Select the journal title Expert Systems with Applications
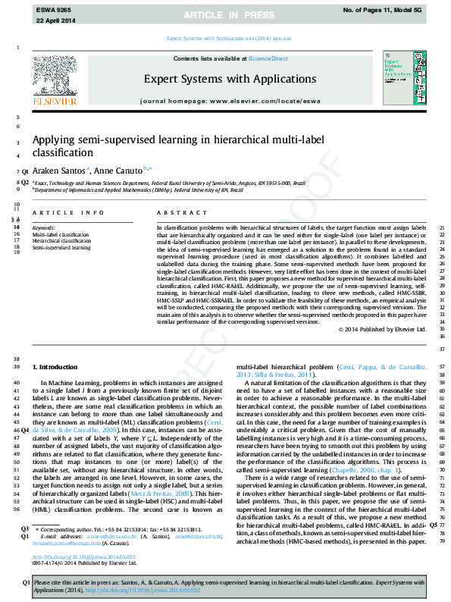[x=230, y=78]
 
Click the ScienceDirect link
[x=267, y=59]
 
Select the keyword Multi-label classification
[x=60, y=235]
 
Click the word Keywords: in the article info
[x=43, y=227]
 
